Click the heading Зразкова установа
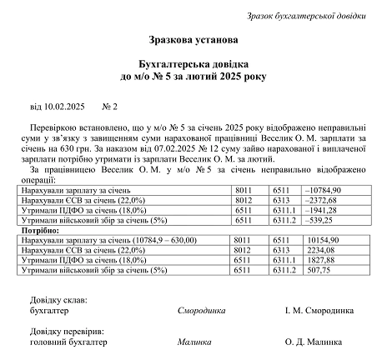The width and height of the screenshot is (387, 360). point(193,39)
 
